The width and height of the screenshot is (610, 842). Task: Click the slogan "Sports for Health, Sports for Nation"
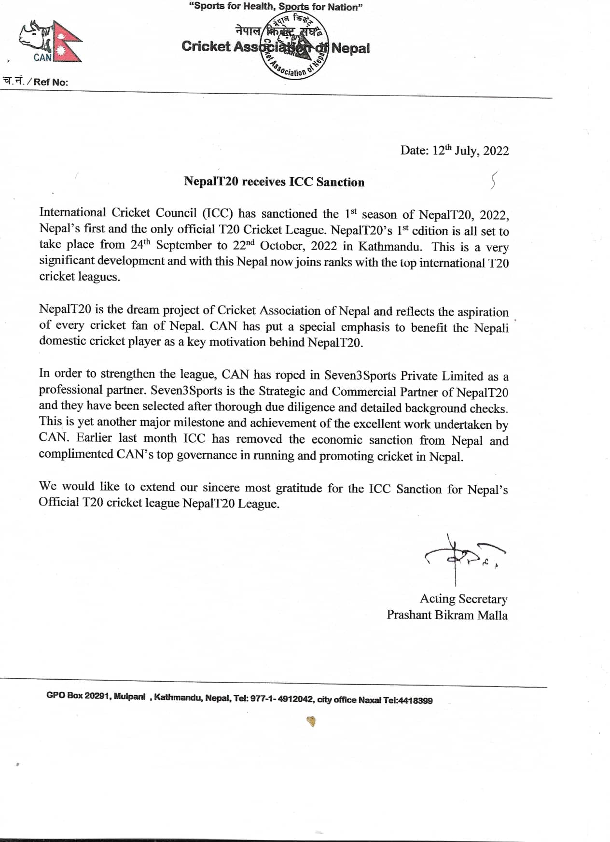(276, 7)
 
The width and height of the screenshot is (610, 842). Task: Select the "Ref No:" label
(51, 82)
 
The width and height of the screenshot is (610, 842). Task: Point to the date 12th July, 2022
(454, 151)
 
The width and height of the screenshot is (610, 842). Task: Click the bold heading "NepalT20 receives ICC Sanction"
(274, 182)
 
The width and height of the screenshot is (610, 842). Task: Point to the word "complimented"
(76, 454)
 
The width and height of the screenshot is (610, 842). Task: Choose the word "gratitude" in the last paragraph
(299, 488)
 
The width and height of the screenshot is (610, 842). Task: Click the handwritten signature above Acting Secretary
(463, 558)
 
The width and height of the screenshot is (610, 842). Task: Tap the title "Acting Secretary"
(463, 599)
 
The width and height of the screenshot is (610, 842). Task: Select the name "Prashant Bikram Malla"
(447, 615)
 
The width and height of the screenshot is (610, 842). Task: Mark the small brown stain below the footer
(311, 722)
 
